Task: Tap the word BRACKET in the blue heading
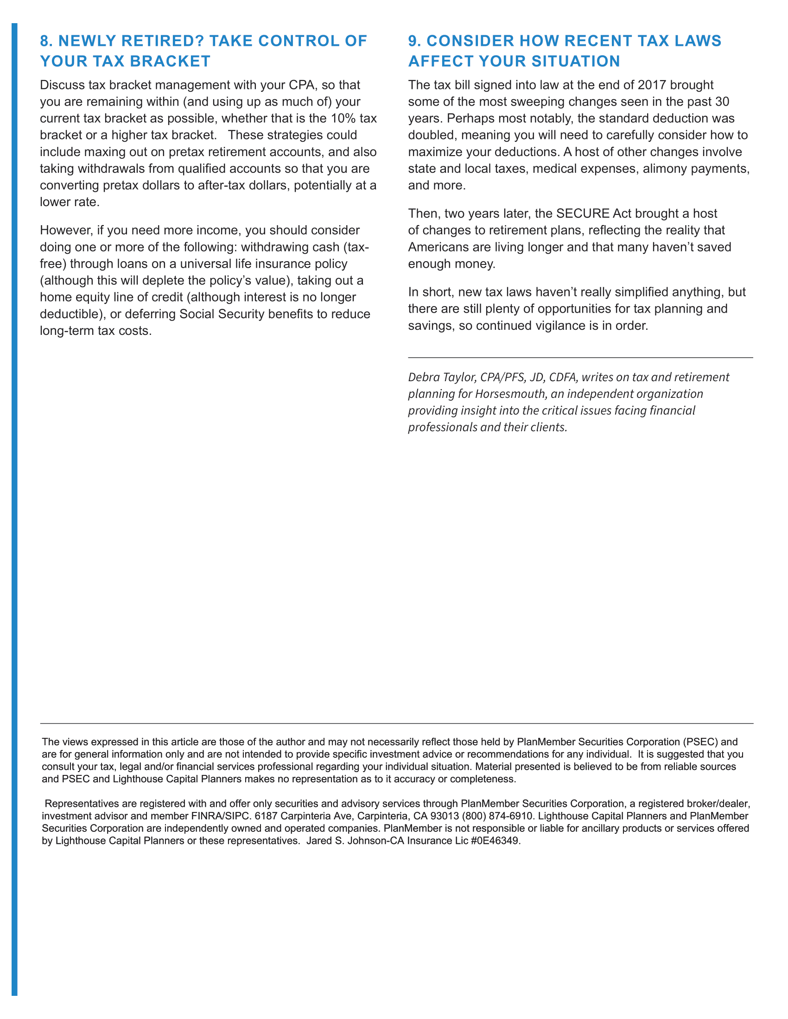[x=172, y=61]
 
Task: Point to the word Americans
[x=438, y=247]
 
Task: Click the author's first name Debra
[x=423, y=377]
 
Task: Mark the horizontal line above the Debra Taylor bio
[x=580, y=358]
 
